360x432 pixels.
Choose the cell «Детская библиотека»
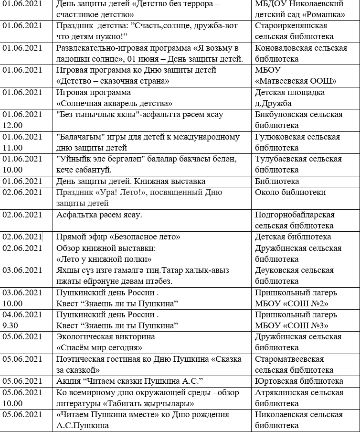click(293, 237)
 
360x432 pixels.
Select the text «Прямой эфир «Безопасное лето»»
click(118, 237)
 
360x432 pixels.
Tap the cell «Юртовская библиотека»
click(299, 381)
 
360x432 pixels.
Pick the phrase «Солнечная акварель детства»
click(115, 103)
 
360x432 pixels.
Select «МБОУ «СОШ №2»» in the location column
click(292, 303)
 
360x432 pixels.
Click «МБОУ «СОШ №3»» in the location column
click(292, 325)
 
